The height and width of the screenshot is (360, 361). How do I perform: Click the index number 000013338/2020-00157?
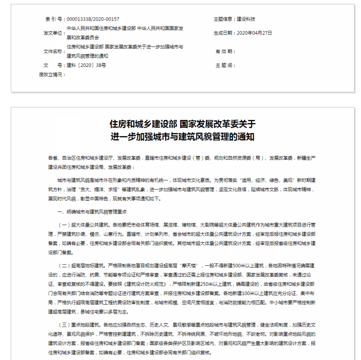click(93, 19)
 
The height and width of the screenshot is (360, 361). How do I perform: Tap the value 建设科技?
click(246, 19)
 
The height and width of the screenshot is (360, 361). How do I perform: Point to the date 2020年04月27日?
click(255, 33)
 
